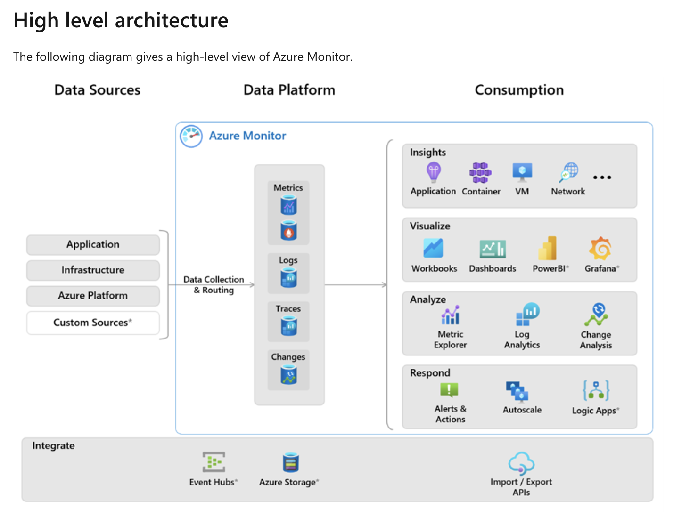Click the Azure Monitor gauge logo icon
191,136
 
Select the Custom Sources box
93,323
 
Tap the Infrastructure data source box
93,270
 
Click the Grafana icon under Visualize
600,249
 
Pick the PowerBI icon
548,248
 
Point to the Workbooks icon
433,248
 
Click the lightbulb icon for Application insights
433,172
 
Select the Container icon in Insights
480,173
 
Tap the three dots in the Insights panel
602,178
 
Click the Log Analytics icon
527,314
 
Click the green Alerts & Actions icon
449,390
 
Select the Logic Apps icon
596,390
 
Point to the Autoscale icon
517,391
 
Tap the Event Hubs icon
214,462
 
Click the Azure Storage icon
290,462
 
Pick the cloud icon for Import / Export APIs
521,463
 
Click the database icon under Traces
288,326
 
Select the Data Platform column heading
289,90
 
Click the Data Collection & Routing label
214,285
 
